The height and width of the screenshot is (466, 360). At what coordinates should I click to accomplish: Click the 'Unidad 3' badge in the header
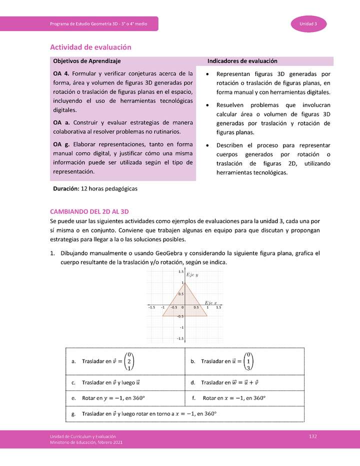[x=308, y=24]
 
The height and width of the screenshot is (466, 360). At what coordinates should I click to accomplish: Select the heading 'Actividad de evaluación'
[x=90, y=47]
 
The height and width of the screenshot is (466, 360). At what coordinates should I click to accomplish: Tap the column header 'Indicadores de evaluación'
[x=242, y=61]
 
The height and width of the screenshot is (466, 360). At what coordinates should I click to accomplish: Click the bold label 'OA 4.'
[x=61, y=73]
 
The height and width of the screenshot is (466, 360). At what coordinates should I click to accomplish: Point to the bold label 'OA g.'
[x=61, y=144]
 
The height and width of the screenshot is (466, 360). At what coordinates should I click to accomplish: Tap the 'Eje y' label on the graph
[x=192, y=275]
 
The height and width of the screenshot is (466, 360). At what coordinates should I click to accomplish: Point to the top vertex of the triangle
[x=183, y=283]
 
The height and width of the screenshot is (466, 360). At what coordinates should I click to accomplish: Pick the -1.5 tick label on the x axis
[x=151, y=308]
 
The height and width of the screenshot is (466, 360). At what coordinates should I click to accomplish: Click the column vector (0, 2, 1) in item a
[x=129, y=361]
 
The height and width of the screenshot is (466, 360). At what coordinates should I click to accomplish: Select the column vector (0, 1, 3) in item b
[x=248, y=361]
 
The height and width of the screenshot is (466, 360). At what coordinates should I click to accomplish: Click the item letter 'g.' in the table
[x=74, y=414]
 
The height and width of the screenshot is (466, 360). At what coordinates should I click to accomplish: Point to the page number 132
[x=313, y=436]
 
